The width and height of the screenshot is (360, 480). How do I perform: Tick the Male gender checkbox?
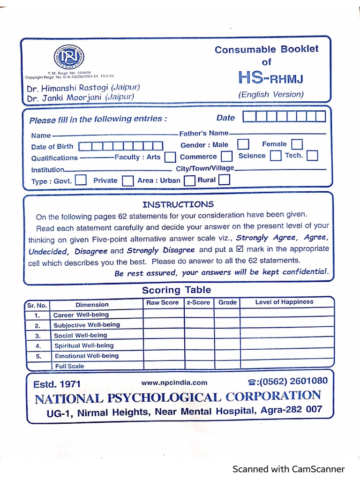coord(243,144)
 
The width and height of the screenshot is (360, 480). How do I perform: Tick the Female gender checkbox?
coord(297,144)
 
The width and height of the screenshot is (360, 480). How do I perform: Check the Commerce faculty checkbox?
coord(227,156)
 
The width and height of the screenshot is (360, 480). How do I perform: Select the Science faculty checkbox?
coord(276,155)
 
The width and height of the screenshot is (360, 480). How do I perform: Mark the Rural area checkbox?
coord(225,180)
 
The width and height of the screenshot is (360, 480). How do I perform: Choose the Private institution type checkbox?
coord(127,180)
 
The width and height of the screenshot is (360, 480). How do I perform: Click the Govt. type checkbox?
coord(81,180)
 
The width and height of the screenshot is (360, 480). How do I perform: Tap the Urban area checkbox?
coord(189,180)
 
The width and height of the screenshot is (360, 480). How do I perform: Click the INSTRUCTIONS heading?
coord(178,204)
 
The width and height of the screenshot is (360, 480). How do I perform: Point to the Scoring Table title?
coord(177,290)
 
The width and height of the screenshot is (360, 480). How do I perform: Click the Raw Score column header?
coord(163,303)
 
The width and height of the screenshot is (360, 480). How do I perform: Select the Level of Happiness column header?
coord(284,302)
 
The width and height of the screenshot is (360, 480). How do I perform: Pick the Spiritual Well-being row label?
coord(84,345)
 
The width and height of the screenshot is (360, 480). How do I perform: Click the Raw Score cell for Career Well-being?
coord(164,314)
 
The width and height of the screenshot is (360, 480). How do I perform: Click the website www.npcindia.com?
coord(174,383)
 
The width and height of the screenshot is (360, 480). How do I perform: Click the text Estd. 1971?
coord(57,384)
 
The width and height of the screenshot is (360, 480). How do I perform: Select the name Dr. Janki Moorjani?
coord(65,97)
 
